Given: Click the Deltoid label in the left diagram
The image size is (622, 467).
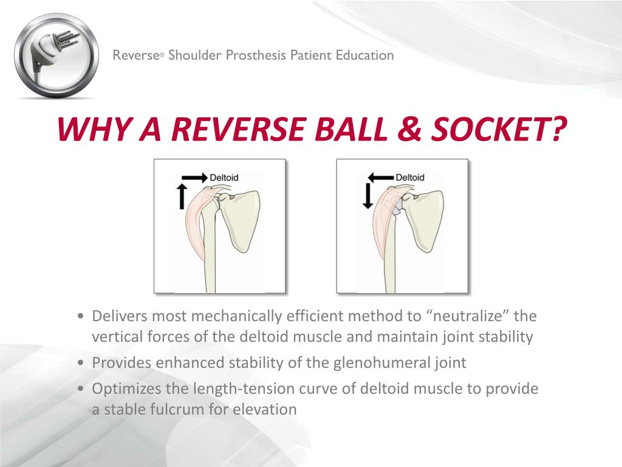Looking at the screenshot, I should click(x=224, y=178).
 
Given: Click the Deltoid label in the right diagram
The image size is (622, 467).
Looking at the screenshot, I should click(x=410, y=178).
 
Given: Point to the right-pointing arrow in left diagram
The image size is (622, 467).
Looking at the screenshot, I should click(x=195, y=177).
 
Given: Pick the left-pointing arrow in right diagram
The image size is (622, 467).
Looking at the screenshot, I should click(x=381, y=177).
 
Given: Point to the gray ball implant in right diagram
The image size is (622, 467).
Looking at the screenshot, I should click(x=395, y=208).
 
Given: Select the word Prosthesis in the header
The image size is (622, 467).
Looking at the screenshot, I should click(x=256, y=55).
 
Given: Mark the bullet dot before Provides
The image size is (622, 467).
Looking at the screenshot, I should click(x=81, y=364).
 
